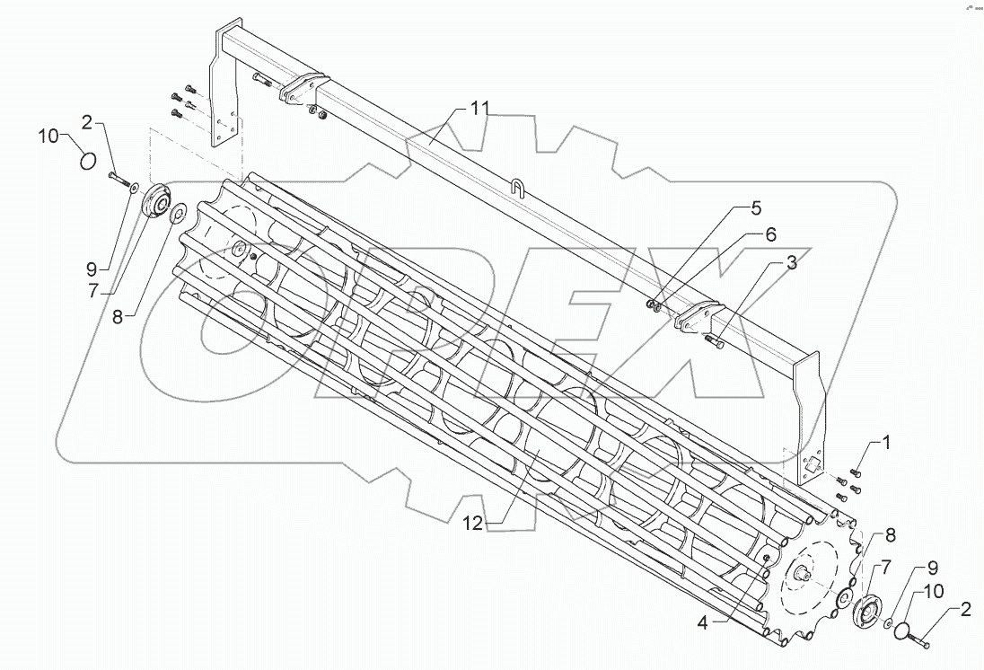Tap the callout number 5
point(756,208)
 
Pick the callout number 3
point(790,262)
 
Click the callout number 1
point(885,442)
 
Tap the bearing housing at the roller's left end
point(159,200)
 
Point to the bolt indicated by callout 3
point(716,339)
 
